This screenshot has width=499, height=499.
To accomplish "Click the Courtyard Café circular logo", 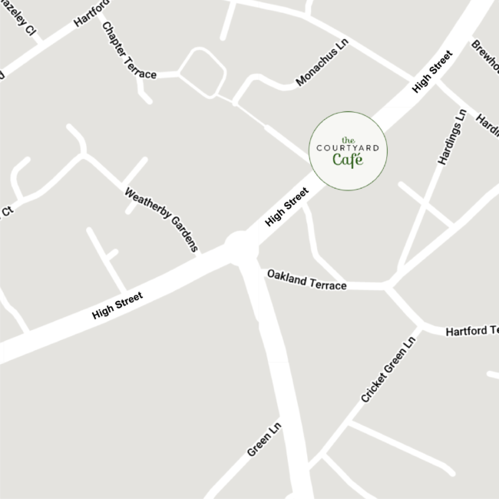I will (348, 150).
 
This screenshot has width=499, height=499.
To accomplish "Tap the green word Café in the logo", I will (347, 160).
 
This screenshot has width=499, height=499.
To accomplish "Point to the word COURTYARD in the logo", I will (348, 148).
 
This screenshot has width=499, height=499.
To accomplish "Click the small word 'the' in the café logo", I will (348, 140).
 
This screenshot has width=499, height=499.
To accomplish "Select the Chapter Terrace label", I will (129, 50).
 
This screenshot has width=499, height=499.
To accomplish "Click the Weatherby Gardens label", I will (161, 219).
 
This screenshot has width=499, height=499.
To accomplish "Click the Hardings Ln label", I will (452, 137).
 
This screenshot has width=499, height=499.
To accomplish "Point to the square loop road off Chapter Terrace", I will (203, 73).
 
